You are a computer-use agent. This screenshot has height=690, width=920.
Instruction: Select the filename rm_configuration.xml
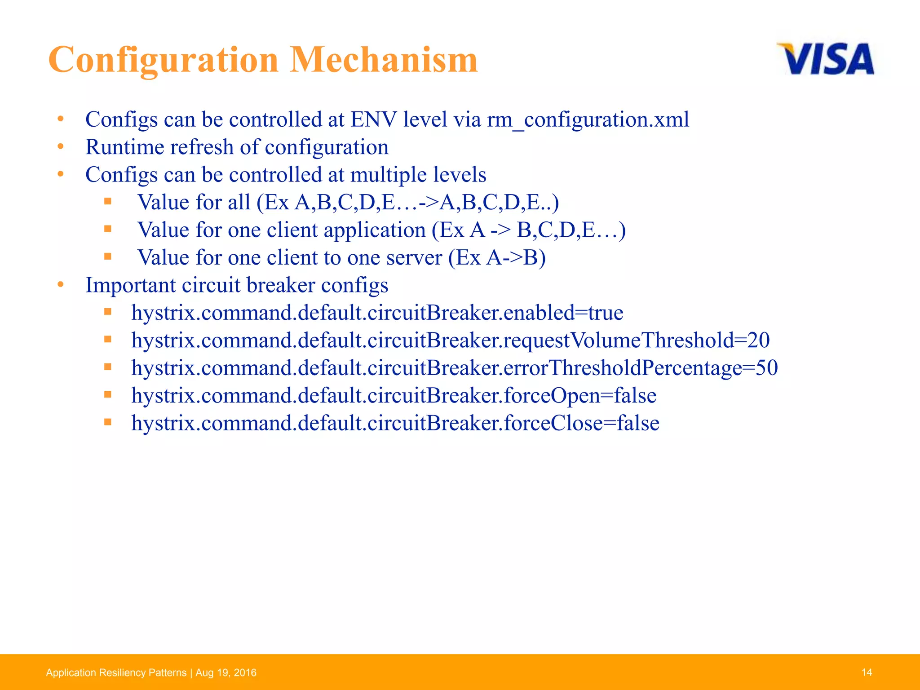(588, 120)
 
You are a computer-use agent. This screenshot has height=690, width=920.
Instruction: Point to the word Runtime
(121, 147)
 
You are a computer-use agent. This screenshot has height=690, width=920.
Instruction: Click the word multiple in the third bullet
(388, 175)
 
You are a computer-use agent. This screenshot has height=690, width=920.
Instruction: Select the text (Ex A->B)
(497, 258)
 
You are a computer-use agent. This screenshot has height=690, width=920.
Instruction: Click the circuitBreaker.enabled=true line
(377, 313)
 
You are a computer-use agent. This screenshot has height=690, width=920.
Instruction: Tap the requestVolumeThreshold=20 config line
(450, 341)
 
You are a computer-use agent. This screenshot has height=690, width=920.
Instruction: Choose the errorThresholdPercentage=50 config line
(454, 368)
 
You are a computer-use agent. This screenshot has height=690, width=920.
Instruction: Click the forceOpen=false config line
(394, 396)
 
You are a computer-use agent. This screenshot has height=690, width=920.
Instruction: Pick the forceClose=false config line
(395, 423)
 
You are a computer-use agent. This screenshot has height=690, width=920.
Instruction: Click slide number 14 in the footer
(867, 672)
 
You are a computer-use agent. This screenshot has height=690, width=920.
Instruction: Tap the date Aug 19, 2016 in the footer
(226, 672)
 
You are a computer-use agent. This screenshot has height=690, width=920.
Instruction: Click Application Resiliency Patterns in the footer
(116, 672)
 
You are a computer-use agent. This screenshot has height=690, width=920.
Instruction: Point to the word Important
(130, 285)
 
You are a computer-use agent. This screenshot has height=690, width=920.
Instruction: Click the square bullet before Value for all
(107, 201)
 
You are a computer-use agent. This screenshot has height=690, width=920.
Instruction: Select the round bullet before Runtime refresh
(61, 147)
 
